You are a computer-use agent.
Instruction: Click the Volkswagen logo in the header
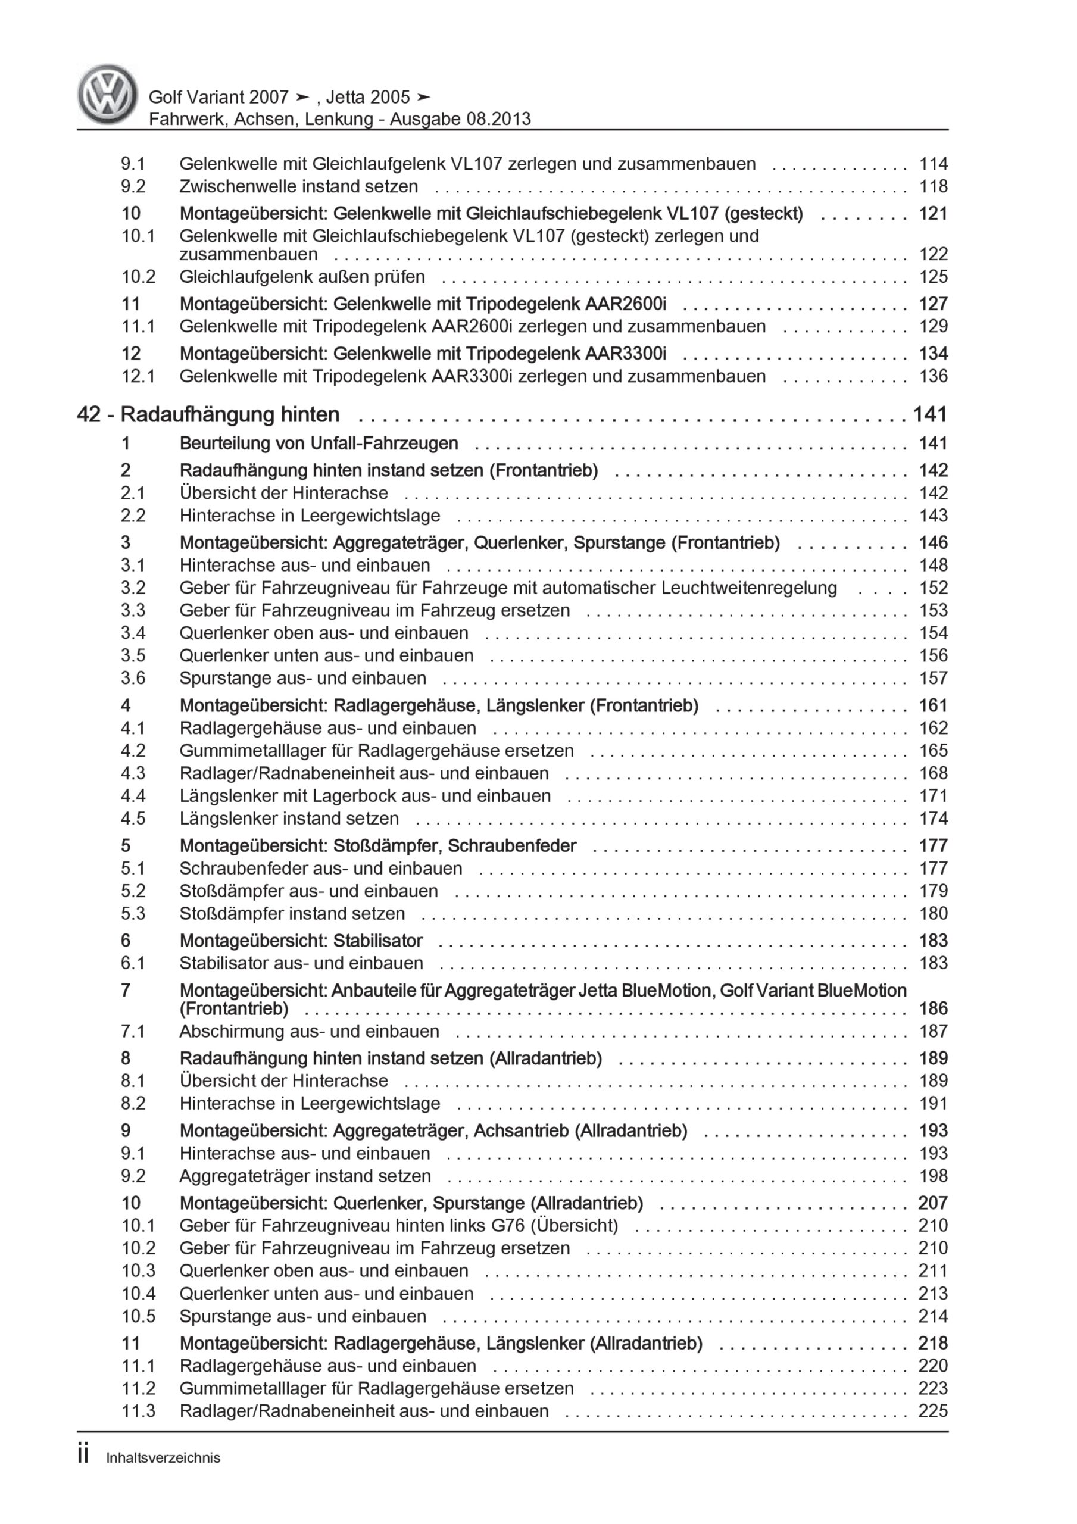click(x=108, y=95)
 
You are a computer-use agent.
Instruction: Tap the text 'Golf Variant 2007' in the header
click(x=218, y=98)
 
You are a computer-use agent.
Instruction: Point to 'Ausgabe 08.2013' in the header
click(x=460, y=120)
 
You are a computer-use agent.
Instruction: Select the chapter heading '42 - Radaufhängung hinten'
click(x=208, y=415)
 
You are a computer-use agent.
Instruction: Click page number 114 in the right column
click(x=933, y=164)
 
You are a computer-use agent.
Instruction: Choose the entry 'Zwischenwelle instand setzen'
click(x=299, y=186)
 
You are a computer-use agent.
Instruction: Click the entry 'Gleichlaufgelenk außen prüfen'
click(x=302, y=277)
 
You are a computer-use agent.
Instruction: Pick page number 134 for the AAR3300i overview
click(x=933, y=354)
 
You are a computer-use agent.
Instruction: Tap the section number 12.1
click(x=138, y=376)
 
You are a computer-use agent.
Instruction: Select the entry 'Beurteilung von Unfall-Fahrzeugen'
click(x=319, y=444)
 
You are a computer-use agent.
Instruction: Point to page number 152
click(x=933, y=588)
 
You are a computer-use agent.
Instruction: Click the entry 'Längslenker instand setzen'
click(x=289, y=819)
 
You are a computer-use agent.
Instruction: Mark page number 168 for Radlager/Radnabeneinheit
click(x=933, y=773)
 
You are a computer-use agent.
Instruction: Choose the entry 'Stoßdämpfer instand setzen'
click(x=292, y=913)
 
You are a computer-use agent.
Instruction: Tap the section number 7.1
click(x=133, y=1032)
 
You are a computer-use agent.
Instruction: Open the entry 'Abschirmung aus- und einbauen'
click(x=310, y=1032)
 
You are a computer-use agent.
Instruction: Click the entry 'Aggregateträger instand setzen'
click(x=305, y=1176)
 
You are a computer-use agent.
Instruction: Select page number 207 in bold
click(x=933, y=1203)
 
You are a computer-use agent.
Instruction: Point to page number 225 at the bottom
click(x=933, y=1411)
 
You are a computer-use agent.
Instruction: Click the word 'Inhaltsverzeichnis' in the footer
click(x=163, y=1459)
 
